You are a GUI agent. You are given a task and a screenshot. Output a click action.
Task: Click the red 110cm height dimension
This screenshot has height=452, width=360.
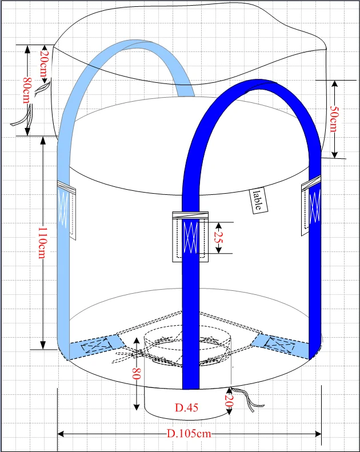(x=42, y=243)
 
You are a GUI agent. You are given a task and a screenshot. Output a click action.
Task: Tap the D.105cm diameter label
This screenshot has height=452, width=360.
(x=189, y=433)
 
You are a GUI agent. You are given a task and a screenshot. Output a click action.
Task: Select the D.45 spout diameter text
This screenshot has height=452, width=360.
(x=186, y=407)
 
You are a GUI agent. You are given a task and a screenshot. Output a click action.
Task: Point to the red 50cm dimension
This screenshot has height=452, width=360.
(x=334, y=119)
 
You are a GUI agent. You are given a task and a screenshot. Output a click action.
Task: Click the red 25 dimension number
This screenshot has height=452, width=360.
(x=218, y=238)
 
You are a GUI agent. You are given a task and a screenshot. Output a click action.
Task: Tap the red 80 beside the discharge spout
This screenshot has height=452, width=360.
(x=137, y=374)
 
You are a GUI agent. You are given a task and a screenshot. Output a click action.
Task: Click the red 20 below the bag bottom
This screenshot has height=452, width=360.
(x=228, y=401)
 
